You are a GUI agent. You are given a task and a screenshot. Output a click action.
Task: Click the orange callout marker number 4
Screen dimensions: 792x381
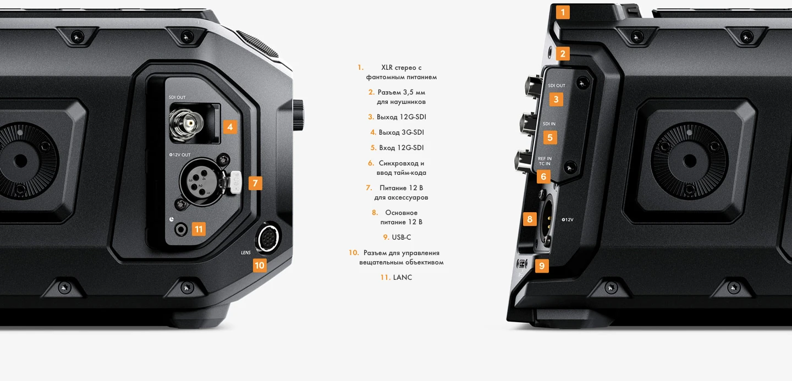click(230, 127)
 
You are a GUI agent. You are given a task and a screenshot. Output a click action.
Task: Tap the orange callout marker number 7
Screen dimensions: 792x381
click(255, 183)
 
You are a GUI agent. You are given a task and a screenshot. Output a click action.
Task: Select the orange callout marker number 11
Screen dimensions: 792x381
click(199, 229)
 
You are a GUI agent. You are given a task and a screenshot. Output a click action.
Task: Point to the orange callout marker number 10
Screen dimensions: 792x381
click(260, 266)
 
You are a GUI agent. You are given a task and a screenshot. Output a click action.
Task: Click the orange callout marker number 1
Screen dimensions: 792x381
click(563, 12)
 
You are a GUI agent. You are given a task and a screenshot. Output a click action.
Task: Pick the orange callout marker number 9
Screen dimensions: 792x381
click(542, 266)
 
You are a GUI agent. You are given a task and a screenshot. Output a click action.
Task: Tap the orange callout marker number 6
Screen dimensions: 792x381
click(543, 176)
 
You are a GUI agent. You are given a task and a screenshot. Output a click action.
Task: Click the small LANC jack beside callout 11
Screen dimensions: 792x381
click(181, 230)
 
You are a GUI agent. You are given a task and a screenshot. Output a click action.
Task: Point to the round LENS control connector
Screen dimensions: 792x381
click(267, 238)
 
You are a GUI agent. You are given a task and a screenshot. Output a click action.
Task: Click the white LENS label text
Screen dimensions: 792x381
click(246, 253)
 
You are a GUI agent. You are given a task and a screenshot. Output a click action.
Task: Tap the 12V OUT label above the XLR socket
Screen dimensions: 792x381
click(180, 155)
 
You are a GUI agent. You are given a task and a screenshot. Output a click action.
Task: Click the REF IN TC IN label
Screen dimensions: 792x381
click(544, 161)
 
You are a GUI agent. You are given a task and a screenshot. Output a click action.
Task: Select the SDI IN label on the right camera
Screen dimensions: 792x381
click(549, 124)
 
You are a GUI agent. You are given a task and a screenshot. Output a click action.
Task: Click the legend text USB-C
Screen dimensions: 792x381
click(402, 237)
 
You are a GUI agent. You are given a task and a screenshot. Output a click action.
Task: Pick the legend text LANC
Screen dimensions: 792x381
click(403, 278)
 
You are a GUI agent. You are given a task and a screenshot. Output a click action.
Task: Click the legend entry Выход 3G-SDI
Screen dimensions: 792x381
click(397, 132)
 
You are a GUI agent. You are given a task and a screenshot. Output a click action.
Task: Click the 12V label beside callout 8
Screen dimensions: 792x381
click(568, 219)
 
